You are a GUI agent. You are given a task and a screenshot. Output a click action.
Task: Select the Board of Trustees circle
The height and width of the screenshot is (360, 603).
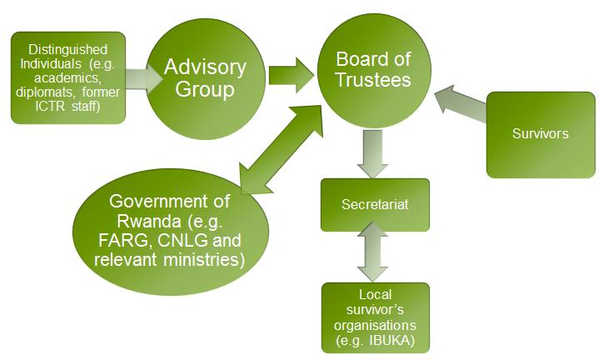click(x=373, y=71)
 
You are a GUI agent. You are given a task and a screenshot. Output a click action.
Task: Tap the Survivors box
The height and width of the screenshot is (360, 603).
click(x=541, y=133)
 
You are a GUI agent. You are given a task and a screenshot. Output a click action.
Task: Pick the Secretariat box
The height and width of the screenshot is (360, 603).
click(x=375, y=204)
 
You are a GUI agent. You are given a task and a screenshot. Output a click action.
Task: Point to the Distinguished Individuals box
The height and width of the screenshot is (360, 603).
click(x=69, y=77)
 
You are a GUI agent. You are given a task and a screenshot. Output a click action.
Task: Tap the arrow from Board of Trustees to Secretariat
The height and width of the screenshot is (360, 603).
click(x=374, y=156)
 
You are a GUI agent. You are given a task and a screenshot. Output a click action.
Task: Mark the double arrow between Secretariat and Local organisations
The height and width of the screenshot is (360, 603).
click(x=374, y=257)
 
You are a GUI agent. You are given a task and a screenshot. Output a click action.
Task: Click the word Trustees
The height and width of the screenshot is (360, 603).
click(x=373, y=80)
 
